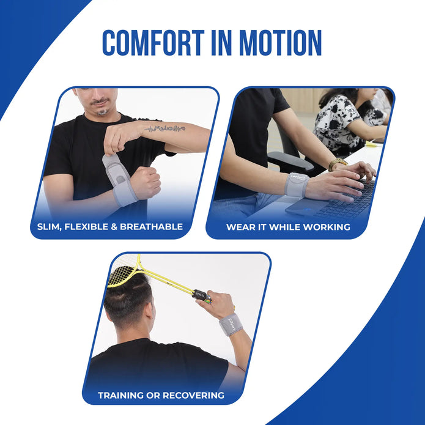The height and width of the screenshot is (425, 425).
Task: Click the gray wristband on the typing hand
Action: click(297, 184)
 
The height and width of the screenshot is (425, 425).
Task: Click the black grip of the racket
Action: click(201, 295)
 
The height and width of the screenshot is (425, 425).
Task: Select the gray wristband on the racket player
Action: click(231, 324)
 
